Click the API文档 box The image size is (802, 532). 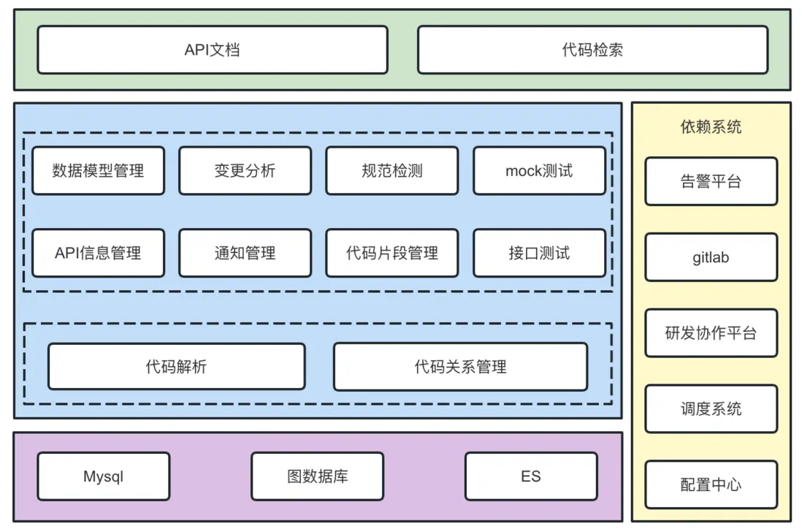[212, 50]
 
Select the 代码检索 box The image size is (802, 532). [592, 50]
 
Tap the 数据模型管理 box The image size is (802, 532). [98, 171]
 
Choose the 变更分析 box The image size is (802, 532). [245, 171]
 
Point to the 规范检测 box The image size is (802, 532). [392, 171]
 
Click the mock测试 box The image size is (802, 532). [539, 171]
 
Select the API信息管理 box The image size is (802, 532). [98, 253]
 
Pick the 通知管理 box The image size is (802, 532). [245, 253]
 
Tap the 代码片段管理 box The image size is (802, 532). [392, 253]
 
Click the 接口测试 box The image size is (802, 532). [539, 253]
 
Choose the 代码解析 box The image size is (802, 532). [176, 366]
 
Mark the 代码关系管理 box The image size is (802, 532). [460, 366]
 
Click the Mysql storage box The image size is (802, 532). [103, 476]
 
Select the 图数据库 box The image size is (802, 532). [317, 476]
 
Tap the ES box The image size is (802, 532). [531, 476]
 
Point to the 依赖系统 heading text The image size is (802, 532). [711, 126]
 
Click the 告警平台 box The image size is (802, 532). [711, 181]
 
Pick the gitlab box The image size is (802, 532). [711, 257]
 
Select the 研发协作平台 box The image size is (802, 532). [711, 333]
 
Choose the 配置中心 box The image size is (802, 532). [711, 484]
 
